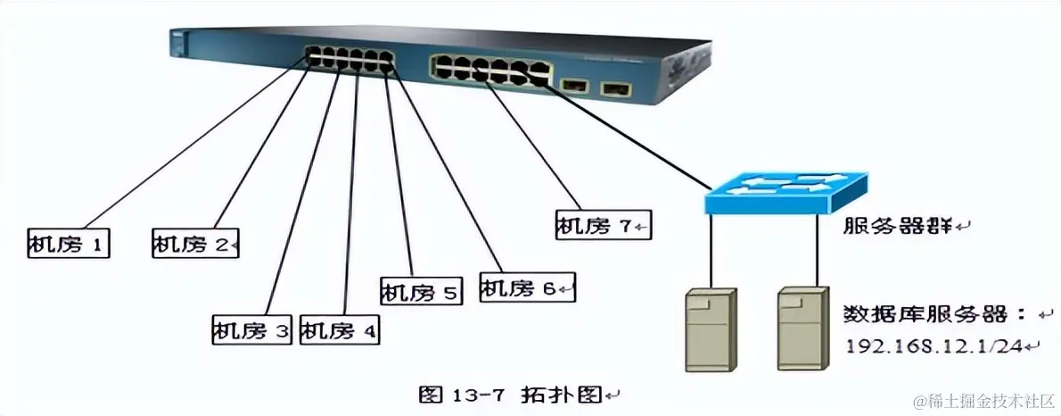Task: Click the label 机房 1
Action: (x=69, y=243)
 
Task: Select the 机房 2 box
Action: (x=195, y=243)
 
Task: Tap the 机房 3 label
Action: (x=252, y=330)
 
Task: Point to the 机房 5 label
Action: (x=421, y=291)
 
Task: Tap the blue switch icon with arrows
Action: (x=785, y=191)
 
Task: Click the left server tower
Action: (x=711, y=329)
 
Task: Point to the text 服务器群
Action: (x=899, y=226)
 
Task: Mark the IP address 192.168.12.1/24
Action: (x=936, y=345)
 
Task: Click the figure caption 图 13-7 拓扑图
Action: (x=513, y=394)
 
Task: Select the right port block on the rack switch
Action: (x=489, y=69)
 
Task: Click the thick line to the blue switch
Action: (x=624, y=129)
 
